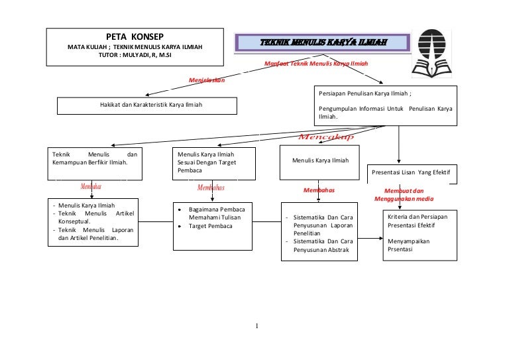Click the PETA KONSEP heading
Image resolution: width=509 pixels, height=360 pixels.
click(x=135, y=36)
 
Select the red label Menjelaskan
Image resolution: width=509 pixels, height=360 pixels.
click(x=207, y=80)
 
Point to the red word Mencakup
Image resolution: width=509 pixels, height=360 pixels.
click(x=325, y=137)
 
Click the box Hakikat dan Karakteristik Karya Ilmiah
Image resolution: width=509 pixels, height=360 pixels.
click(x=146, y=105)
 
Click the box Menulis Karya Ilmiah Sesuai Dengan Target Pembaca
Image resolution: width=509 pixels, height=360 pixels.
click(x=212, y=162)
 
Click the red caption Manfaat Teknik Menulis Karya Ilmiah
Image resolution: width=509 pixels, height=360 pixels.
click(x=315, y=64)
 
